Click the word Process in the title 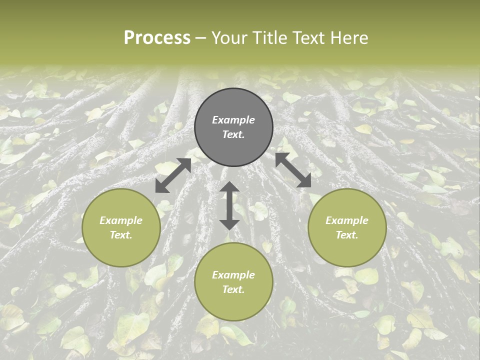click(x=157, y=38)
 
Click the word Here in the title click(x=350, y=38)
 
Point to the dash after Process click(x=200, y=38)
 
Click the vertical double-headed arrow click(x=229, y=205)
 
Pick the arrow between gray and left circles click(x=173, y=175)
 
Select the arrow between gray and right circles click(x=293, y=170)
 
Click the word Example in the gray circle click(x=233, y=120)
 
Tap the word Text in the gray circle click(x=233, y=134)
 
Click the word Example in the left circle click(x=121, y=220)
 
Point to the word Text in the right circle click(x=347, y=235)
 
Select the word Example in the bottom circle click(x=233, y=275)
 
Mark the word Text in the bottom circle click(x=233, y=289)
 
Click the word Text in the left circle click(x=121, y=235)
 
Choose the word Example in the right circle click(x=347, y=220)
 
